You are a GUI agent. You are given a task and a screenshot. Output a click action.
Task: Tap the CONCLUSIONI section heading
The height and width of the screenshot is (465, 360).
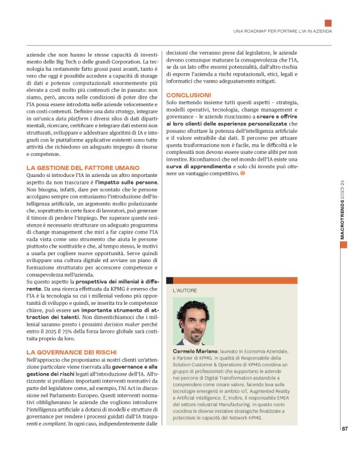coord(190,94)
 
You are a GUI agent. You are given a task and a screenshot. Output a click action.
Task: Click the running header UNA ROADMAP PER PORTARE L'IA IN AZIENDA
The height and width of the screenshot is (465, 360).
coord(282,30)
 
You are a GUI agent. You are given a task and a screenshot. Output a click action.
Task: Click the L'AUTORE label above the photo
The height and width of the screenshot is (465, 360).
coord(185,290)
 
